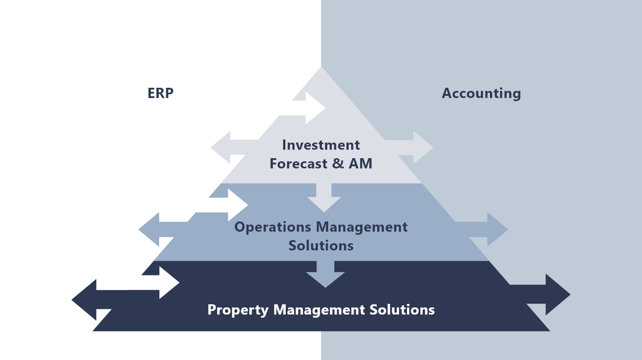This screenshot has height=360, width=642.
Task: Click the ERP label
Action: point(160,93)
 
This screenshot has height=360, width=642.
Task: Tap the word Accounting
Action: point(481,94)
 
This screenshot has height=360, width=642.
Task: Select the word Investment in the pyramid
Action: point(321,145)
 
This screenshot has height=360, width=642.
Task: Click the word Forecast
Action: point(298,164)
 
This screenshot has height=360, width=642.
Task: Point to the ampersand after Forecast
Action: point(338,164)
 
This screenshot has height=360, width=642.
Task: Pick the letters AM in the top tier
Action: point(360,164)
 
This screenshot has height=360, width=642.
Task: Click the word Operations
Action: point(272,227)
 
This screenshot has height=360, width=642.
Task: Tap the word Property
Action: point(238,310)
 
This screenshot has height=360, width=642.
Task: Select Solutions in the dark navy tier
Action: point(402,310)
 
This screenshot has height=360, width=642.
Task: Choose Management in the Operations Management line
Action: point(362,227)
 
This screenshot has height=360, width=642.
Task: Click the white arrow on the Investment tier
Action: point(309,108)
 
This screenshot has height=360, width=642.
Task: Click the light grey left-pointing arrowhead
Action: point(221,147)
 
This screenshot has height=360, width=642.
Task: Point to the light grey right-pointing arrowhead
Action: point(423,147)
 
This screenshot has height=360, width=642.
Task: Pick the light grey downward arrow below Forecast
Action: point(324,198)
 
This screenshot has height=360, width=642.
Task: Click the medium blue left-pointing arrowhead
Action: point(149,229)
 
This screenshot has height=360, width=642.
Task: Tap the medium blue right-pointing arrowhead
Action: point(498,229)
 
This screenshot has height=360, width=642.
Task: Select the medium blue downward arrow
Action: point(325,274)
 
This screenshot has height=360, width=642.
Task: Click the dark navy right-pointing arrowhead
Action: point(558,295)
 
